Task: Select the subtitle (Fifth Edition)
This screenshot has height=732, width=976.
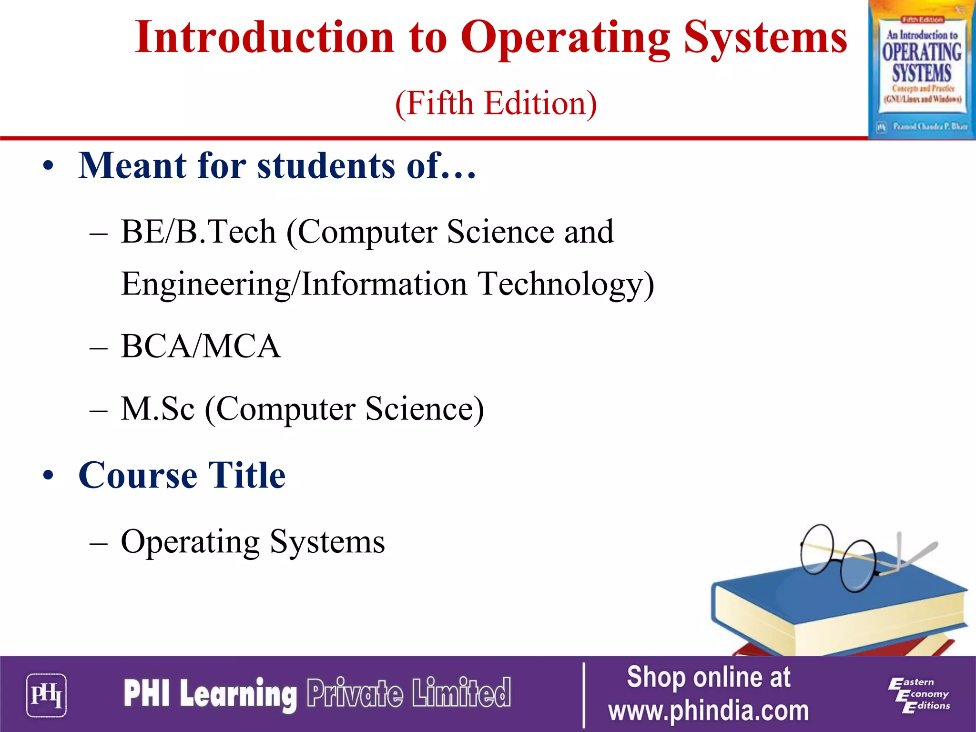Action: (x=496, y=103)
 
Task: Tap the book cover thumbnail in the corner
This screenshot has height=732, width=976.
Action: (x=922, y=70)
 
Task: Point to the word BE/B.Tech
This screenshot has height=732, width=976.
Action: (x=198, y=232)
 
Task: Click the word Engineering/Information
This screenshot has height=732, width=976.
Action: (x=294, y=284)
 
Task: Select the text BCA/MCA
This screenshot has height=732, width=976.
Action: (x=201, y=346)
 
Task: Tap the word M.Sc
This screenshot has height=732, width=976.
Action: (x=158, y=409)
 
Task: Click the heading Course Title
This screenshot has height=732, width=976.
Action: (x=182, y=475)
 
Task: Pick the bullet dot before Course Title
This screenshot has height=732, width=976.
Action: (x=48, y=475)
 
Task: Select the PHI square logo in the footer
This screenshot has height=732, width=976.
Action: (x=46, y=695)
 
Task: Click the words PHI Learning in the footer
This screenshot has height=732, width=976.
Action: (x=210, y=693)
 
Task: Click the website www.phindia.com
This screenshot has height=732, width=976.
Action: (x=708, y=711)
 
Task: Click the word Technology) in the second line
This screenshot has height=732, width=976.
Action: (x=566, y=284)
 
